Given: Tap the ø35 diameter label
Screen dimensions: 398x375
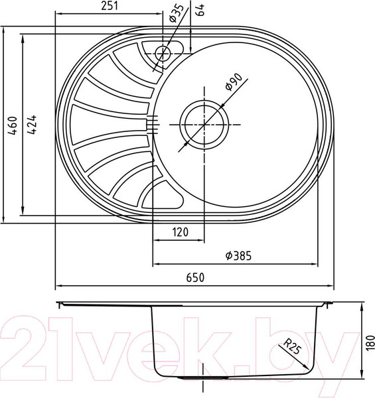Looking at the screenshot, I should (175, 13).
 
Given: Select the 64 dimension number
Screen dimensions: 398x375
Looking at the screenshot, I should (197, 10).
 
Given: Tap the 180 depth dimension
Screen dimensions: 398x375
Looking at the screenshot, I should (370, 342).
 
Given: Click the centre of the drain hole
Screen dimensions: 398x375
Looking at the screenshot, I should (204, 123).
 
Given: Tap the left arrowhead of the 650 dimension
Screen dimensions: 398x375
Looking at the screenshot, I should (58, 286).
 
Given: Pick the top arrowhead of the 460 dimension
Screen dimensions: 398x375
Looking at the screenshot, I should (7, 32).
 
